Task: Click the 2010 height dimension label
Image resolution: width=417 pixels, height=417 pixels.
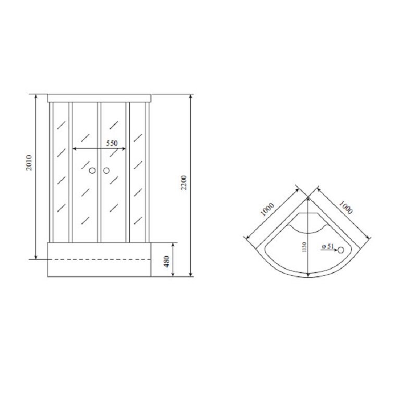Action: pos(29,163)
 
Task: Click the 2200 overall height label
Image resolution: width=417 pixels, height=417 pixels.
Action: pos(184,182)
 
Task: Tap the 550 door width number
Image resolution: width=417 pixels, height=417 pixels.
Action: pos(112,143)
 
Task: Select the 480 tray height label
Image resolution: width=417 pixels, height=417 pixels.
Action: pos(166,262)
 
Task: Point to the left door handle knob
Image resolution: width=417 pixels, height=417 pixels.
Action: pos(92,170)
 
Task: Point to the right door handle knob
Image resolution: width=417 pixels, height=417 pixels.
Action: pos(106,170)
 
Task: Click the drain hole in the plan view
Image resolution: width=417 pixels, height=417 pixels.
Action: pos(341,250)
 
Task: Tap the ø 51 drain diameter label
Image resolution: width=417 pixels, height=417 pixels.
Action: pos(328,246)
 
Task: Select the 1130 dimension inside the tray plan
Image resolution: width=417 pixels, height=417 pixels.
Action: pos(304,247)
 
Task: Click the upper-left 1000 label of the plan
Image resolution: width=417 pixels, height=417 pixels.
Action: pos(267,210)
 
